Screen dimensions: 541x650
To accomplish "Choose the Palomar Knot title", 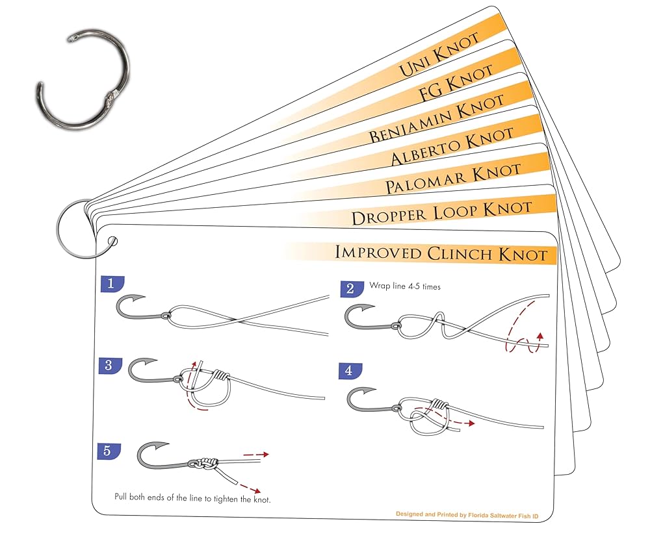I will [452, 179].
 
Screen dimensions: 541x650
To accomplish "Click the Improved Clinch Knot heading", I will [441, 253].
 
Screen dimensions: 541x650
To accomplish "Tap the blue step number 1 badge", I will [111, 283].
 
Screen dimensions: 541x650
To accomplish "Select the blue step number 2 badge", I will [350, 288].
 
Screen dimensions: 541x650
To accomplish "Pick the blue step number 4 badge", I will [349, 371].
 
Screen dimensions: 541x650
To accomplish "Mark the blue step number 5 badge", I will [107, 450].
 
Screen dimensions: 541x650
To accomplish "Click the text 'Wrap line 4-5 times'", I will [404, 285].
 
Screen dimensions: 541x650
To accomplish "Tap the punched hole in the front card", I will [114, 242].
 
